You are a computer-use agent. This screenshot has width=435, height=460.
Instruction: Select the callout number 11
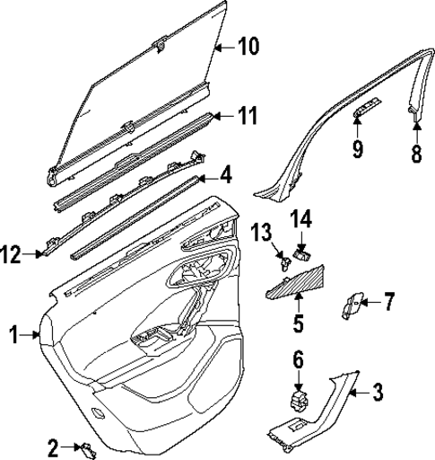248,115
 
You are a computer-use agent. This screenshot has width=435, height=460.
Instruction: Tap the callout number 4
226,172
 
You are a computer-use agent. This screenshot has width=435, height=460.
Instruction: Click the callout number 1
13,336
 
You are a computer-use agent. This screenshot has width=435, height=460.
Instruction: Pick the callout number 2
53,446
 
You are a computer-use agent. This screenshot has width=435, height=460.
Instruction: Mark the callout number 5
299,321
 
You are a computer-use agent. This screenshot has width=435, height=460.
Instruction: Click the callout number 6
299,360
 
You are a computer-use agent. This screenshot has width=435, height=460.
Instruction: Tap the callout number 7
388,301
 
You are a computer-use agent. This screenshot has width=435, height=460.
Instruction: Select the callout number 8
415,153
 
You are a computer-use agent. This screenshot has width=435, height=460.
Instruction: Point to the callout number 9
358,147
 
